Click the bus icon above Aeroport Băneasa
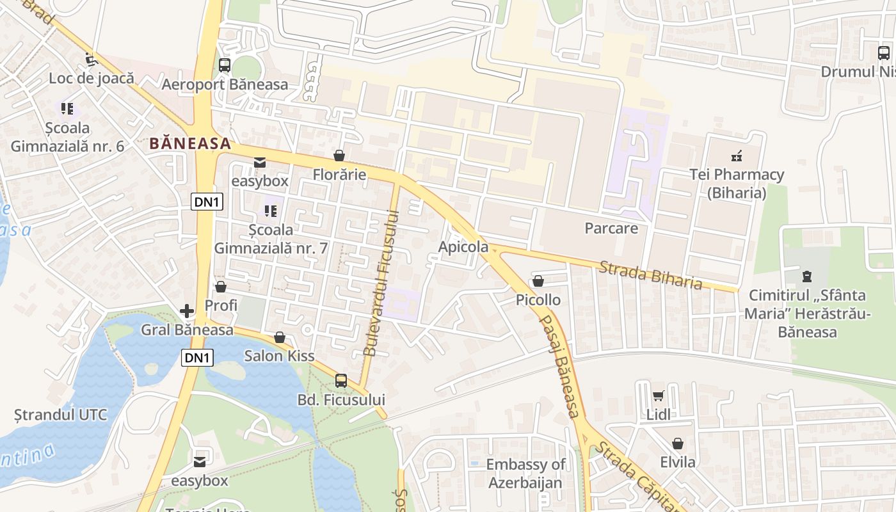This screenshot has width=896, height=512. [224, 65]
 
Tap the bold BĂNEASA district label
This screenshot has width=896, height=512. [190, 143]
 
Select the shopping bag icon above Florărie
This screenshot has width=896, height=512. [339, 156]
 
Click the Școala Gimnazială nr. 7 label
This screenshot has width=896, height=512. [271, 239]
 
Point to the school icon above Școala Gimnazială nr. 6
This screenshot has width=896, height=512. [67, 108]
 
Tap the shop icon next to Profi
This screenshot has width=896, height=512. [221, 287]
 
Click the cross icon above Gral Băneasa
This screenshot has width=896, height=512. [187, 311]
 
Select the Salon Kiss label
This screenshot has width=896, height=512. [280, 355]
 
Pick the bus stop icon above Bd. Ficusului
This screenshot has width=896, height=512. [341, 381]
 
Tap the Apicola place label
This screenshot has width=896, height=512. [463, 247]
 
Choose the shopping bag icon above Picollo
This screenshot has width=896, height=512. [538, 281]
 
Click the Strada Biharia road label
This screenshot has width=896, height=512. [650, 275]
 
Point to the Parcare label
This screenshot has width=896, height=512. [611, 228]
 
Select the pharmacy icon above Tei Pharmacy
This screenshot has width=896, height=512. [737, 155]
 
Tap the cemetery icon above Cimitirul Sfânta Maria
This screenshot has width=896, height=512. [806, 276]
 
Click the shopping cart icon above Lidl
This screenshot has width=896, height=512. [658, 396]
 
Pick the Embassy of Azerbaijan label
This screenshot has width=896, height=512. [525, 473]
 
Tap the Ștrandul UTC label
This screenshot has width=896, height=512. [61, 414]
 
